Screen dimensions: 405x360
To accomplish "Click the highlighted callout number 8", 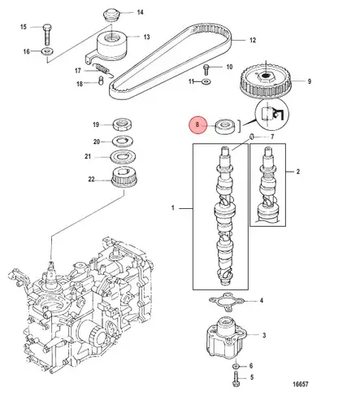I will [195, 125].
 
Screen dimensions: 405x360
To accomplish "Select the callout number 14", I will [139, 12].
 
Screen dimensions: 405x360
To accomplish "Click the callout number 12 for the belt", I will [252, 39].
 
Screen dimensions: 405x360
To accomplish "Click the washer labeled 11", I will [208, 82].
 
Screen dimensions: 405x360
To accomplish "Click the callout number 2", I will [298, 172].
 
